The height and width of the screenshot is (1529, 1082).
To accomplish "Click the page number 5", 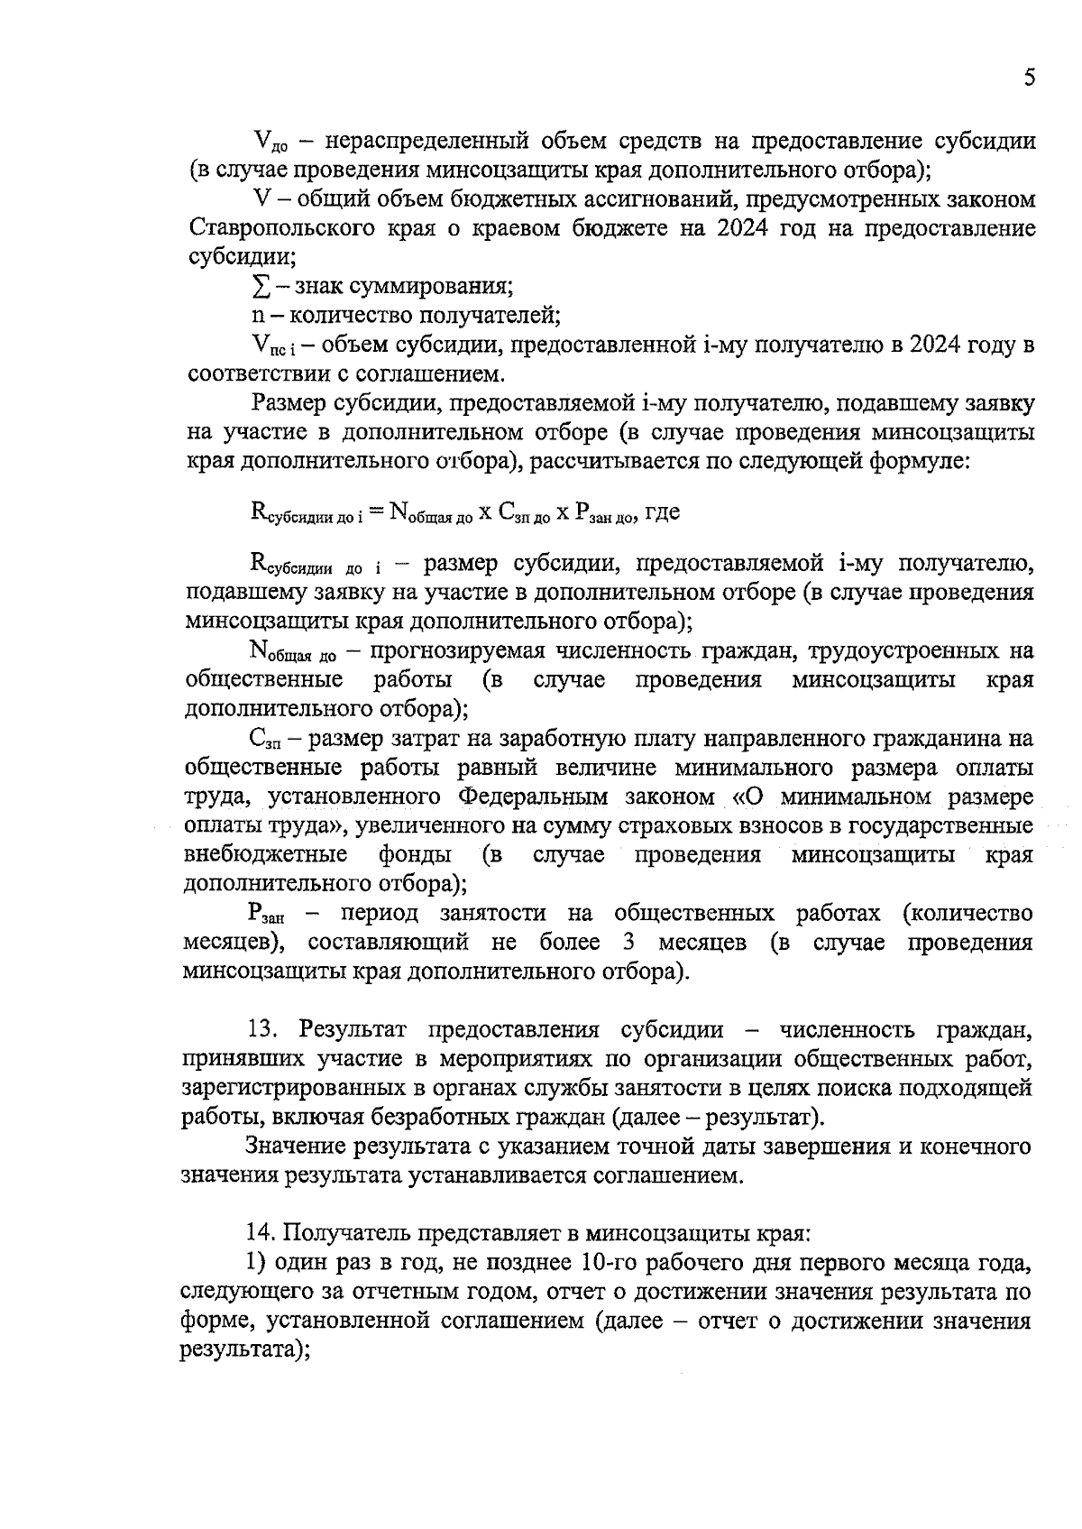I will coord(1029,78).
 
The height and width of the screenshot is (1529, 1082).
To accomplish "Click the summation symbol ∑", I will coord(259,287).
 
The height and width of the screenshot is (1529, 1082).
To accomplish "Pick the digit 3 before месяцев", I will coord(627,943).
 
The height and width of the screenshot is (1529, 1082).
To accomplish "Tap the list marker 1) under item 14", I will coord(257,1261).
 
